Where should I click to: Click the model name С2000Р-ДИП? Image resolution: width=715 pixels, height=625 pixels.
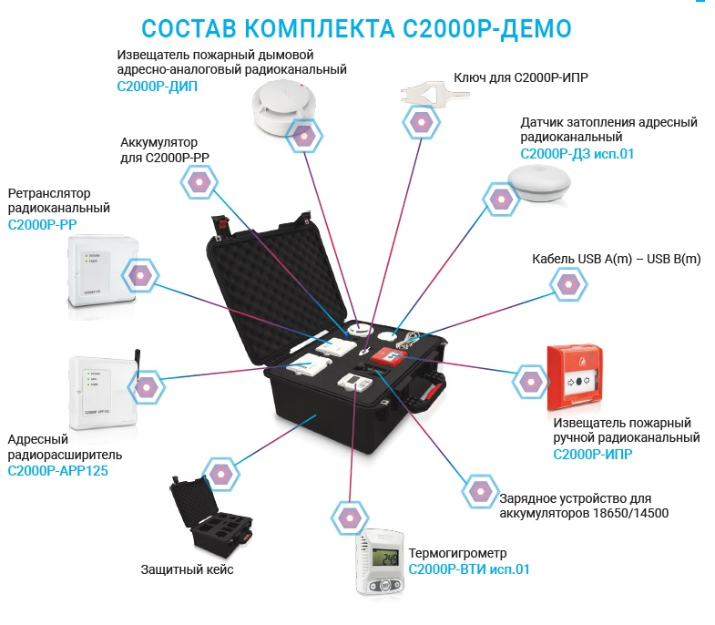coord(158,87)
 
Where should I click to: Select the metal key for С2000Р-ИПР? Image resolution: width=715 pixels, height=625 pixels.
coord(434,93)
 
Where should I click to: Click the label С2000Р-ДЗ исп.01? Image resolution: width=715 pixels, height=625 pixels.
coord(577,154)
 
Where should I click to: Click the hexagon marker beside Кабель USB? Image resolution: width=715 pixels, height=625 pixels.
coord(568,283)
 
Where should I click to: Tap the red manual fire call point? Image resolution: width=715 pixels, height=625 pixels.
coord(576,378)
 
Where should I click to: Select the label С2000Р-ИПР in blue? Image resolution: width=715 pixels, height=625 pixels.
coord(593,455)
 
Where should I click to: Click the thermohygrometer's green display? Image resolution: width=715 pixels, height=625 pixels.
coord(386,557)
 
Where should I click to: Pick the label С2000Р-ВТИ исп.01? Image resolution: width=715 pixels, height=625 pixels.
coord(469,569)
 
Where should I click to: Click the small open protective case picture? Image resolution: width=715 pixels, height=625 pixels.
coord(211,517)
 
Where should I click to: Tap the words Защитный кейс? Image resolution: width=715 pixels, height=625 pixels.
coord(187,569)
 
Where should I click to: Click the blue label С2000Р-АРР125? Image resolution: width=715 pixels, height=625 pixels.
coord(58,471)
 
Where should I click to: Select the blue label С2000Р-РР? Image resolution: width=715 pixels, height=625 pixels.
coord(42,224)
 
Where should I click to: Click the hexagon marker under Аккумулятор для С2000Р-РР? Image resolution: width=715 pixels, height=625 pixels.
coord(199,181)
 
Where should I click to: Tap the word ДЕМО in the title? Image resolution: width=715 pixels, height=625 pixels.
coord(536,29)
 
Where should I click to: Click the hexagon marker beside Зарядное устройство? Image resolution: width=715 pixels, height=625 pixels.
coord(480,492)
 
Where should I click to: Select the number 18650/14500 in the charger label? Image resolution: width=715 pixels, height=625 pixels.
coord(630,513)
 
